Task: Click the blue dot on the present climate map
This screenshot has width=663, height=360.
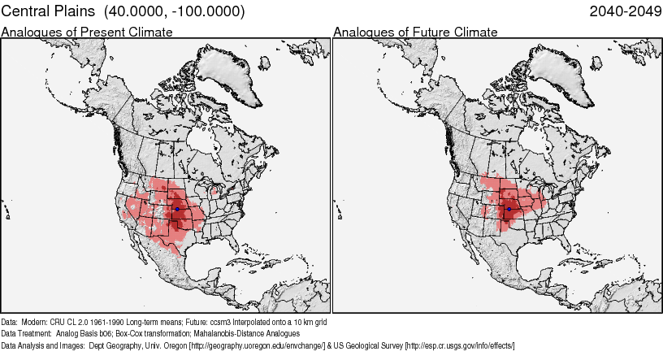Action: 177,209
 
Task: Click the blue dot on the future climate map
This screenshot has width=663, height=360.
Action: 509,209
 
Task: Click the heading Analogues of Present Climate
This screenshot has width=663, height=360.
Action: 87,32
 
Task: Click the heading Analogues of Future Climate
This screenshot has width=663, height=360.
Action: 415,32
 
